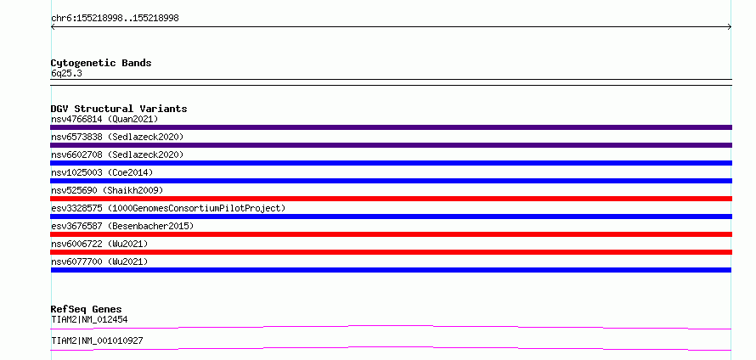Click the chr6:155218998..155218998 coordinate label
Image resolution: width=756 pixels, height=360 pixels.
115,19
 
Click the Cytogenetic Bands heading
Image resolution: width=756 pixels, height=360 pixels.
101,63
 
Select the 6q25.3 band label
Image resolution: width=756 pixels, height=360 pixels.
66,73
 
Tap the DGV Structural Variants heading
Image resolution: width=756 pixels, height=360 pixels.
119,109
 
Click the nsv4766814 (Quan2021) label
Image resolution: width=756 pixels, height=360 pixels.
104,119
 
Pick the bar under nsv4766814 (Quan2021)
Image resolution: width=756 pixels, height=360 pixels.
391,127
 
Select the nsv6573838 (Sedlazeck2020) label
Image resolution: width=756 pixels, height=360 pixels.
117,137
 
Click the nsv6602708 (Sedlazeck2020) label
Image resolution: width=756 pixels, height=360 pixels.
117,155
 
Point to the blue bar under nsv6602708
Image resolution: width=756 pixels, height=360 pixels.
391,163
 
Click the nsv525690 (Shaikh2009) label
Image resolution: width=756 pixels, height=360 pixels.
107,190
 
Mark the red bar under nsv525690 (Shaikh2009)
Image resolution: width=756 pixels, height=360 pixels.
391,199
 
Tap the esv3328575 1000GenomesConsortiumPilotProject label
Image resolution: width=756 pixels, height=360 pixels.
168,208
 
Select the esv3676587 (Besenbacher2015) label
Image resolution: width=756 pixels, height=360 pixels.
122,226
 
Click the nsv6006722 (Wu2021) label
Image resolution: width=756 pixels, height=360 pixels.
99,244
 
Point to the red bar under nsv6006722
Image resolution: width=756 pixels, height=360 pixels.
391,252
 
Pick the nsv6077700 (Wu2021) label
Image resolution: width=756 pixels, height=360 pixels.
99,262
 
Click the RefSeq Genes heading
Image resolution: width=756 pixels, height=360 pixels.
87,309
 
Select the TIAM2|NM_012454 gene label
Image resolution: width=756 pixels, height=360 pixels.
89,319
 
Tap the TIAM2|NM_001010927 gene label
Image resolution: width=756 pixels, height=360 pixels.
97,341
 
